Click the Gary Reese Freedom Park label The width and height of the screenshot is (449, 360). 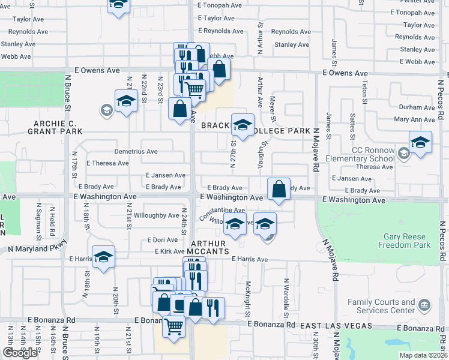405,241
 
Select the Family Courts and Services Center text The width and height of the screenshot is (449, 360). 382,306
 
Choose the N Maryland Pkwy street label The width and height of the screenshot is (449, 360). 37,247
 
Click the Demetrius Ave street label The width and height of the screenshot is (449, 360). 136,151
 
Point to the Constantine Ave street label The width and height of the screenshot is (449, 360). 222,211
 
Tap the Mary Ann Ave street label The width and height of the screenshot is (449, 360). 415,120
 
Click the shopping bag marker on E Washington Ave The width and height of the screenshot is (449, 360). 279,189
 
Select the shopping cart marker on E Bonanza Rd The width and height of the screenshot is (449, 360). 174,327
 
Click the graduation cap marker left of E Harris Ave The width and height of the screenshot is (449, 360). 104,257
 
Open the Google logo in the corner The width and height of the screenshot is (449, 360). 20,353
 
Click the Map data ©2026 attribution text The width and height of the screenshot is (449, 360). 423,355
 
